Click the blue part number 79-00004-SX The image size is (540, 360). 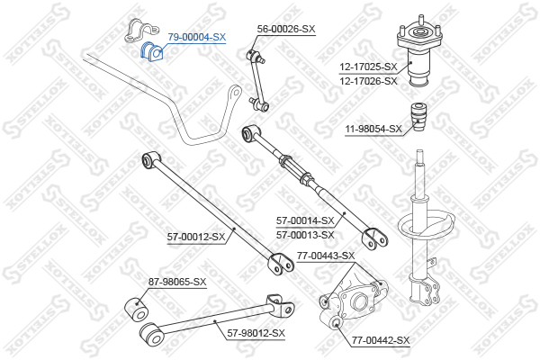click(x=196, y=37)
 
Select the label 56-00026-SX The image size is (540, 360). click(x=286, y=29)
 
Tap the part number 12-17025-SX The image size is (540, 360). click(x=368, y=67)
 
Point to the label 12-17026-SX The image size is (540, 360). click(x=368, y=81)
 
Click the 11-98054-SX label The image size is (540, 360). click(x=373, y=129)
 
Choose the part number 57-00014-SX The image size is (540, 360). click(x=305, y=220)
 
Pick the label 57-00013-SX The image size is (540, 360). click(x=305, y=235)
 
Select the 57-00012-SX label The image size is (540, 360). click(x=196, y=237)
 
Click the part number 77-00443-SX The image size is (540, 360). click(x=326, y=256)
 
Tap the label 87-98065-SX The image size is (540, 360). click(x=177, y=282)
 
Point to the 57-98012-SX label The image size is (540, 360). click(x=256, y=333)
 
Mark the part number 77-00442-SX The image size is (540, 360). click(x=381, y=340)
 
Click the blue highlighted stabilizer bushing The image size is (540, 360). click(x=152, y=51)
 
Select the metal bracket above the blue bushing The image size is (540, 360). click(x=141, y=31)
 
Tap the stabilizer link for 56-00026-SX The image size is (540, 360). click(x=258, y=80)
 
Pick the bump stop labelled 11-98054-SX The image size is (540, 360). click(x=418, y=116)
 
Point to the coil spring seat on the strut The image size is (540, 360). click(x=427, y=225)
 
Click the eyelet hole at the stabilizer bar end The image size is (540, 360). click(x=236, y=93)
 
